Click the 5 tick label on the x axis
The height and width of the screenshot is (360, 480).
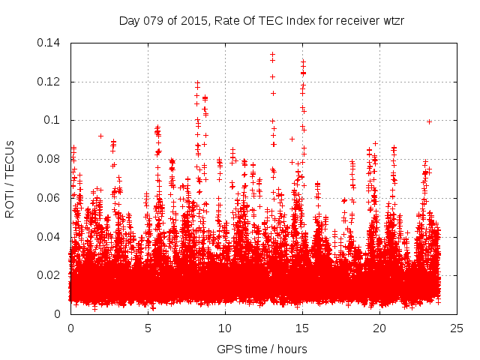(148, 328)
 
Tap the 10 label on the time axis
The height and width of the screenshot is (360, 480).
(225, 328)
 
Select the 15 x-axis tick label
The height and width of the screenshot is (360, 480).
(302, 328)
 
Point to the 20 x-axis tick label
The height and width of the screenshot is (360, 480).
(379, 328)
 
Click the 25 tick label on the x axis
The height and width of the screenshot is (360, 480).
(457, 328)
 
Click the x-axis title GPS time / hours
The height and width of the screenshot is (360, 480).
(262, 349)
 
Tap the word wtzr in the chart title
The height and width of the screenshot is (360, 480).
(391, 20)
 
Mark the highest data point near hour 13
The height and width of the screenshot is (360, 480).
(272, 54)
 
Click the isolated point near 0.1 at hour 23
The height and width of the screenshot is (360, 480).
(429, 121)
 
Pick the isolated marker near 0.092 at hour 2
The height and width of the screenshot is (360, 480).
(100, 136)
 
